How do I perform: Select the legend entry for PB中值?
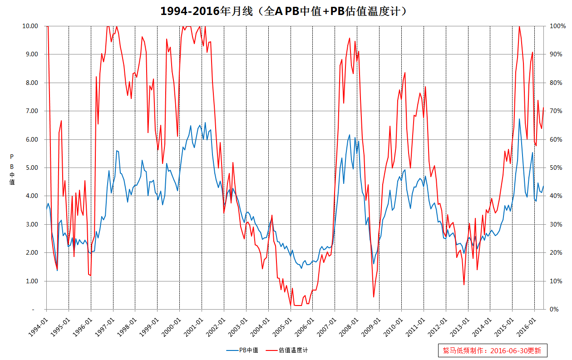(242, 350)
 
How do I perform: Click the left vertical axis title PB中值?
(12, 169)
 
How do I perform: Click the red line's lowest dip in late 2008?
(374, 297)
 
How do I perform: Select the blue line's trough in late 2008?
(374, 264)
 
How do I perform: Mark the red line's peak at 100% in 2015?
(519, 26)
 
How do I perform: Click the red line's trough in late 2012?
(464, 285)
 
